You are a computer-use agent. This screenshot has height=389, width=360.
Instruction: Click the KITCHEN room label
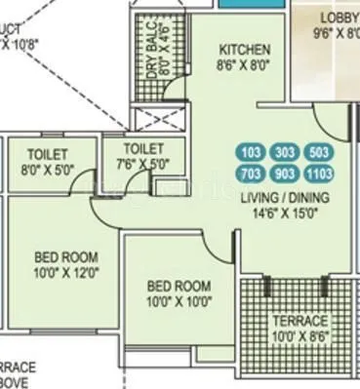click(244, 51)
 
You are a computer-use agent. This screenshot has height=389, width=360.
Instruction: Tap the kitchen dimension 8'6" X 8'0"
click(244, 67)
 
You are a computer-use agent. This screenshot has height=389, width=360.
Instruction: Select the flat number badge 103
click(252, 153)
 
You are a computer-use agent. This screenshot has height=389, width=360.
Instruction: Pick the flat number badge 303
click(285, 153)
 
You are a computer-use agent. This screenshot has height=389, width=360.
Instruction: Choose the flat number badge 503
click(318, 153)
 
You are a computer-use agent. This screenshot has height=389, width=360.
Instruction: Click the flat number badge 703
click(252, 175)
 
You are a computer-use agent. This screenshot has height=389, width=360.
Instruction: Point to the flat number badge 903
click(285, 175)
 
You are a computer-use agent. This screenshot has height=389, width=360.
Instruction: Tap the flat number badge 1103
click(318, 175)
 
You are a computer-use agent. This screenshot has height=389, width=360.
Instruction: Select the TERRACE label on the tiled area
click(300, 321)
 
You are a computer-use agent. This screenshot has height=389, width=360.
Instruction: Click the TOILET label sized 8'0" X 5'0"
click(48, 153)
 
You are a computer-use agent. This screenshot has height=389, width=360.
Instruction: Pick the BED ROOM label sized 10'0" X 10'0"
click(179, 286)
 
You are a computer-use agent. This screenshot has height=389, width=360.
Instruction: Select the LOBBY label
click(340, 18)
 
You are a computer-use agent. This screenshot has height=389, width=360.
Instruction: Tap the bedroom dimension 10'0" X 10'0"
click(179, 302)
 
